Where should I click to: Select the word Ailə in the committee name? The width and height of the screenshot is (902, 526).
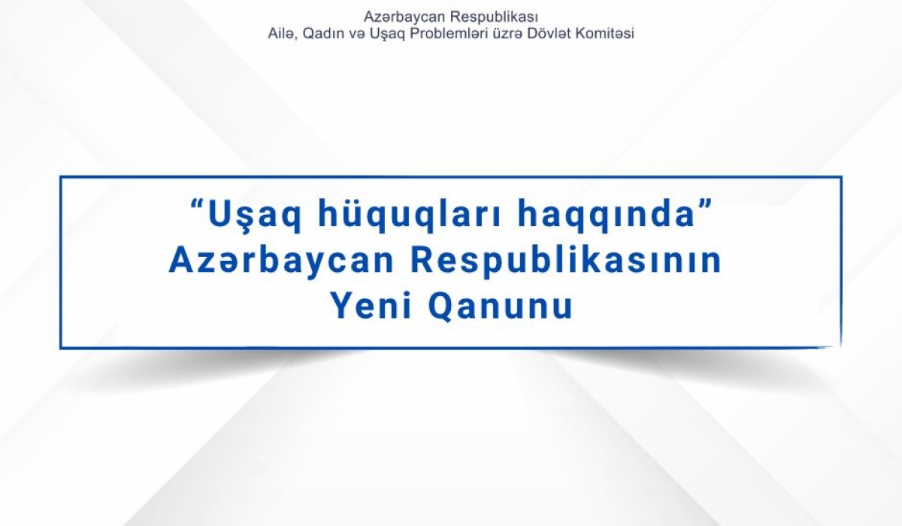[280, 34]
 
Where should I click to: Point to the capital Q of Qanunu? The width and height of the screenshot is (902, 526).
[443, 306]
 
